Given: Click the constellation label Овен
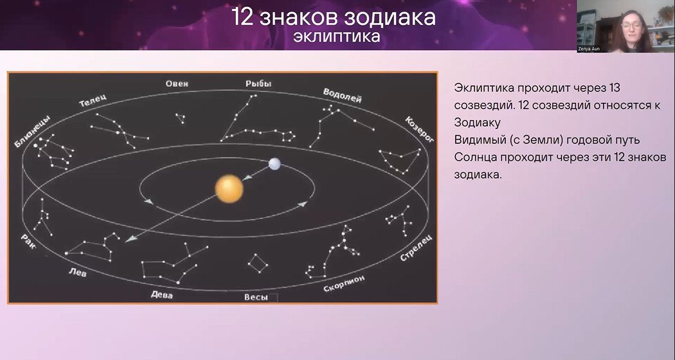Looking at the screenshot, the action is tap(177, 84).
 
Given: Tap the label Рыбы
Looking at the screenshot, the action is tap(258, 84).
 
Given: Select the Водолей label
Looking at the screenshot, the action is tap(342, 95).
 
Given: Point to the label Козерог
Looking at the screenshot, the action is tap(419, 129).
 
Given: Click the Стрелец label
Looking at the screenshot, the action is tap(416, 248).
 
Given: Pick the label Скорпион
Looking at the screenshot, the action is tap(344, 283).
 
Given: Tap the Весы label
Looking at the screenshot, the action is tap(256, 297).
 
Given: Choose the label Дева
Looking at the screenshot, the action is tap(162, 294).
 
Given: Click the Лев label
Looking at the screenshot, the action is tap(78, 272).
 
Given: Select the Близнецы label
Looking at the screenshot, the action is tap(32, 131).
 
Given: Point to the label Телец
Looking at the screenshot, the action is tap(93, 100).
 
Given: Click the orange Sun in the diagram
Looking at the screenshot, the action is tap(229, 188).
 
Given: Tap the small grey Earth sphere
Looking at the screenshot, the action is tap(274, 164).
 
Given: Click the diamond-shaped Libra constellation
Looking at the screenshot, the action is tap(258, 263).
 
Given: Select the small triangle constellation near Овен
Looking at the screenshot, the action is tap(181, 118).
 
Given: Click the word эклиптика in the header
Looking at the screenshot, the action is tap(337, 36).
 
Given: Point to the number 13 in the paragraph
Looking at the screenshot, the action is tap(614, 88).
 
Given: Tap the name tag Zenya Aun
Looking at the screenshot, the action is tap(589, 49).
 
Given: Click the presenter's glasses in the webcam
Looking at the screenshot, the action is tap(631, 26).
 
